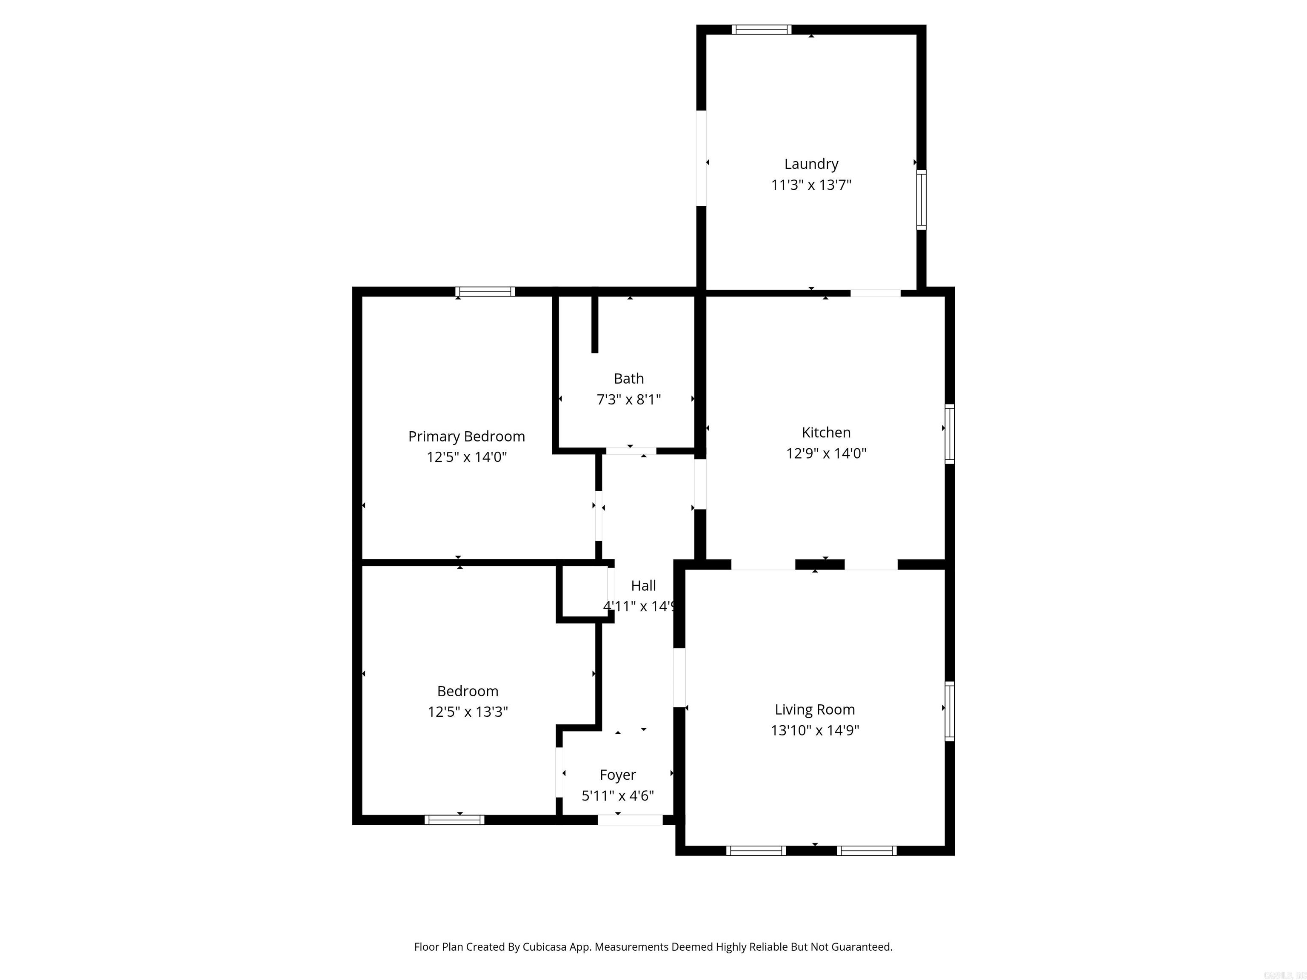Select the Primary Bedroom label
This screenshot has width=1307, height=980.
pyautogui.click(x=466, y=436)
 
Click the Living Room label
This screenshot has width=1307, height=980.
pyautogui.click(x=814, y=709)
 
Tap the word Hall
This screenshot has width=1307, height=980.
pyautogui.click(x=643, y=585)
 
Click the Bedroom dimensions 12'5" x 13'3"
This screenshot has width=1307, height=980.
pyautogui.click(x=468, y=712)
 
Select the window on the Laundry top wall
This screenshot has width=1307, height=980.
pyautogui.click(x=761, y=29)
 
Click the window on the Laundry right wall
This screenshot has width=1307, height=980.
pyautogui.click(x=921, y=199)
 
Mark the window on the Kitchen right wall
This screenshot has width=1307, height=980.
pyautogui.click(x=950, y=433)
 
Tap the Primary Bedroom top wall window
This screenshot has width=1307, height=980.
pyautogui.click(x=485, y=291)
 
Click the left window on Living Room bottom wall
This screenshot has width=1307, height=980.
pyautogui.click(x=756, y=851)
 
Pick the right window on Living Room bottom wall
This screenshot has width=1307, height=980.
pyautogui.click(x=866, y=851)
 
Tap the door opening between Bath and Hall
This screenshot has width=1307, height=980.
pyautogui.click(x=631, y=451)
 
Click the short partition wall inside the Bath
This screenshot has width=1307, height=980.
pyautogui.click(x=595, y=324)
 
